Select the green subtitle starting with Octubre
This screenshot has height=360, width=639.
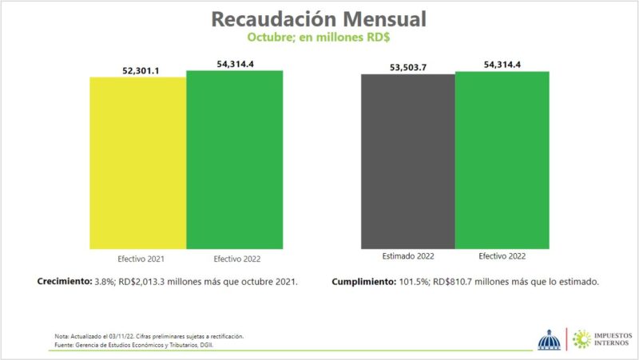tap(320, 37)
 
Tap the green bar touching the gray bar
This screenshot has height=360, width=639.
tap(502, 159)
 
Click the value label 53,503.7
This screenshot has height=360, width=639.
tap(408, 67)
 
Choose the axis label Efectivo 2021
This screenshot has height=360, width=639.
tap(141, 259)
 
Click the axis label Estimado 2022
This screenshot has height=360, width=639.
tap(409, 255)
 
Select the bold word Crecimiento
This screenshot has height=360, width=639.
tap(65, 282)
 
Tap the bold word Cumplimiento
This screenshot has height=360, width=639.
tap(362, 282)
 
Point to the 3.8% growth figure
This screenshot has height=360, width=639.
tap(106, 282)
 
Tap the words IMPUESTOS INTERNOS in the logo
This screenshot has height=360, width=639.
tap(604, 338)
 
